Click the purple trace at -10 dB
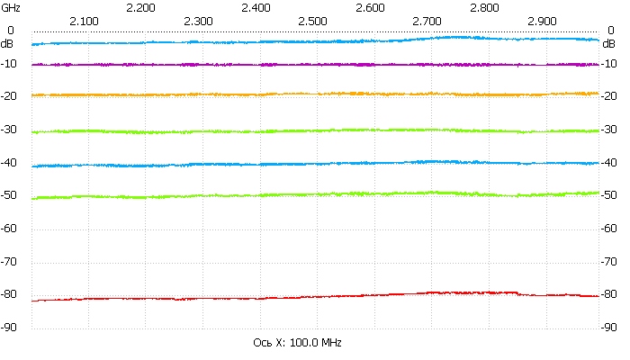315,64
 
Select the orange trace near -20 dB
315,94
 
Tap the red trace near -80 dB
315,296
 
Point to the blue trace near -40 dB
315,164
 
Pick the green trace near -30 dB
315,131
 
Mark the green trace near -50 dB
315,194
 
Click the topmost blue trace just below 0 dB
315,41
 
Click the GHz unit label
11,7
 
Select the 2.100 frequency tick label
84,20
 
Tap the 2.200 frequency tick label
141,7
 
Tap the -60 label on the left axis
12,229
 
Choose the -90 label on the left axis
12,328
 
